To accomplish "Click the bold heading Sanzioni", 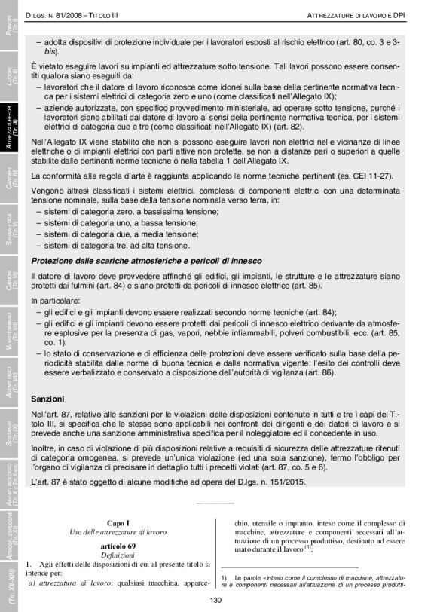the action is point(47,397).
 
